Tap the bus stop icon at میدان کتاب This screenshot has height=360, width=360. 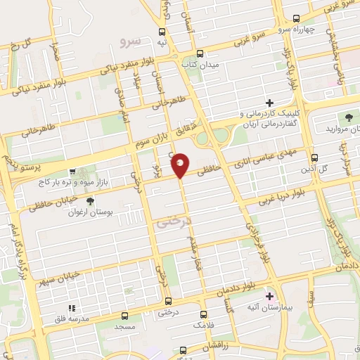click(x=200, y=53)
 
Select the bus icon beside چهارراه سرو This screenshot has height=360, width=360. click(x=296, y=18)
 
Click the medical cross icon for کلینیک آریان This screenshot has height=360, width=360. click(x=288, y=103)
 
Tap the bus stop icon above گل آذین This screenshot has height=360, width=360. click(x=314, y=158)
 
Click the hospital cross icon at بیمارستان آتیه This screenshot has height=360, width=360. click(x=269, y=296)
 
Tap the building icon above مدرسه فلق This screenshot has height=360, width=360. click(x=70, y=308)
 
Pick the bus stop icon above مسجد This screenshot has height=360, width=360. click(x=125, y=316)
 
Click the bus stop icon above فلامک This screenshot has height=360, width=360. click(x=204, y=314)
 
